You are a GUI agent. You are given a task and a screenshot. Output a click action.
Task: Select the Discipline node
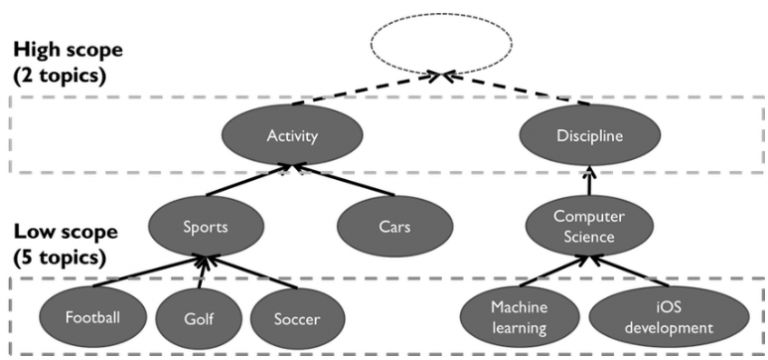click(x=583, y=137)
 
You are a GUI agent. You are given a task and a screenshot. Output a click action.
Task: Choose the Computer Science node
click(x=583, y=225)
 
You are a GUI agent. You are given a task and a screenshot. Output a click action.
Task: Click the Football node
click(x=92, y=319)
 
